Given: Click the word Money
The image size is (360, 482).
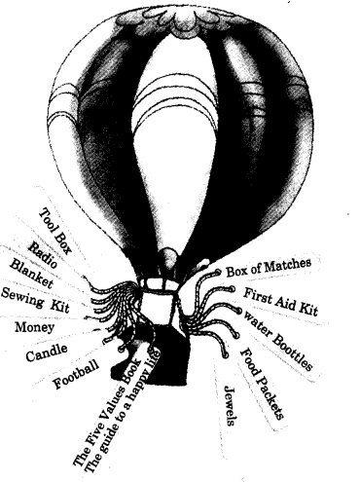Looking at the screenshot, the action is (x=35, y=327).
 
